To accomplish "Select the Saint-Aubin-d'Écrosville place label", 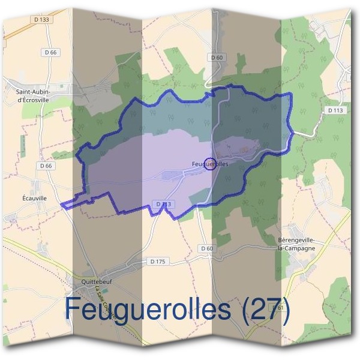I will (x=40, y=95).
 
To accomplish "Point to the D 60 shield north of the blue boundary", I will (x=217, y=58).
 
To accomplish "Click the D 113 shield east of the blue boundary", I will (x=336, y=110).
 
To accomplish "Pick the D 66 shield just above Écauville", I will (x=46, y=165).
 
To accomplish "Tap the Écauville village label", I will (x=35, y=196).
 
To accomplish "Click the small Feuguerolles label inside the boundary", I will (x=210, y=163).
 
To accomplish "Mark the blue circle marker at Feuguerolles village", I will (x=210, y=163).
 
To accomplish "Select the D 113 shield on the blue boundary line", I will (x=163, y=205).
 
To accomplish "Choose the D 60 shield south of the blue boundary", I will (x=206, y=248).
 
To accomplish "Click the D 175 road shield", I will (x=157, y=262).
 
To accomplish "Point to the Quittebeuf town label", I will (x=97, y=280).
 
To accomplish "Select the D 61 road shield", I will (x=277, y=308).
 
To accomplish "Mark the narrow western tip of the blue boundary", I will (x=64, y=205).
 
